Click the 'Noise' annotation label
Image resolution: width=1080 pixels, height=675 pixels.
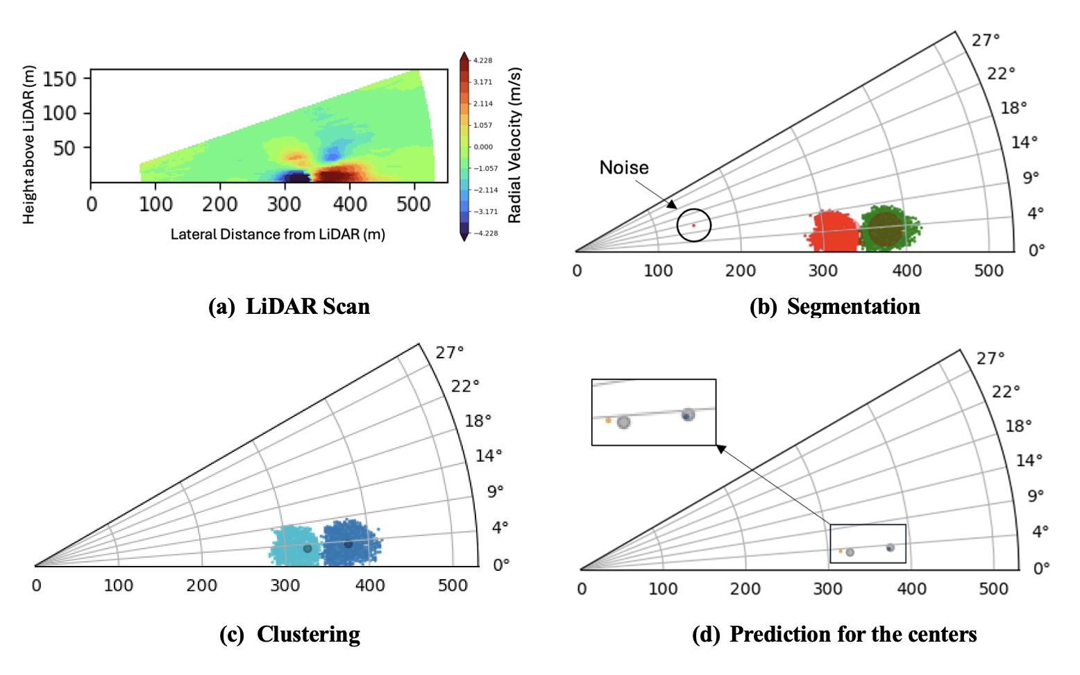click(623, 167)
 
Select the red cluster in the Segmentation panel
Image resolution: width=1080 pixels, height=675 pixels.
click(833, 231)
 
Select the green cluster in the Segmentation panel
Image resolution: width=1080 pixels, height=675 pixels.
click(888, 227)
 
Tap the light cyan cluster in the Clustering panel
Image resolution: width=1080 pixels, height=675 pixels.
click(294, 547)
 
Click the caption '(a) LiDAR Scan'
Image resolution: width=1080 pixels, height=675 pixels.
click(289, 306)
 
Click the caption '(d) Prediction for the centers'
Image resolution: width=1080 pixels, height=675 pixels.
click(834, 634)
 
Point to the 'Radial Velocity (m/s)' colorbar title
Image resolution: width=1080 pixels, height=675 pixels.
click(514, 145)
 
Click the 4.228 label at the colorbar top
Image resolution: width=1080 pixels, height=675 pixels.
click(482, 60)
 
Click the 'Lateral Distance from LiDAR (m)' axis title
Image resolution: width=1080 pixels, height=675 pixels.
click(278, 234)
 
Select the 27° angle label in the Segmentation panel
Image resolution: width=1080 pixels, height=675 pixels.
click(985, 40)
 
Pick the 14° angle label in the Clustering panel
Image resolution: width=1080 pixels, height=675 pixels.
click(488, 456)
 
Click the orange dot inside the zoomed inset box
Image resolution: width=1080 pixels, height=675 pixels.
click(608, 420)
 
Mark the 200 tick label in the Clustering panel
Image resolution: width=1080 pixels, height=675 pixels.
click(201, 585)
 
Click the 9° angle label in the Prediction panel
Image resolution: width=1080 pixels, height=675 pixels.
click(1035, 496)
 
